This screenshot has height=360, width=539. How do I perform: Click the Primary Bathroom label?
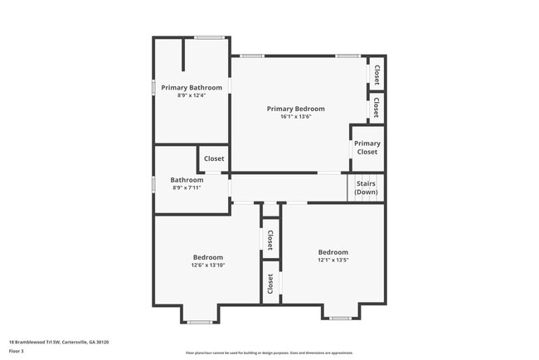click(192, 88)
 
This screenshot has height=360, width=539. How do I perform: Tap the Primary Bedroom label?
click(295, 109)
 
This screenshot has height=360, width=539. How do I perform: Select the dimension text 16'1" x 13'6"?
click(295, 117)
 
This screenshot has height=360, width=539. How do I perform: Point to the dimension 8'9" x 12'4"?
click(192, 96)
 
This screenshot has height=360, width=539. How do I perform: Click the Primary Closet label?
click(367, 148)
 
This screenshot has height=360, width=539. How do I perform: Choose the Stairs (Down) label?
click(367, 188)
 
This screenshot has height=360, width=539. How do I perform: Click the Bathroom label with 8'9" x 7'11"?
click(187, 180)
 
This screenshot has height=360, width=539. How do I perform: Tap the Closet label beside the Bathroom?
click(214, 158)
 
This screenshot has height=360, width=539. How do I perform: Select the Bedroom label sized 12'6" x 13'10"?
click(208, 256)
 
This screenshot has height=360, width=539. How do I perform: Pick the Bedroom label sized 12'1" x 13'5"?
click(333, 252)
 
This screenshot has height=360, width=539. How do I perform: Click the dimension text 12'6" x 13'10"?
click(208, 265)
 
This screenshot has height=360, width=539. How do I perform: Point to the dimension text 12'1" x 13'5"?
click(333, 260)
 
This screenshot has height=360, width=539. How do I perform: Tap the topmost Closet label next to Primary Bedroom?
click(377, 75)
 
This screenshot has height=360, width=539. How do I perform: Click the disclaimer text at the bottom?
click(269, 353)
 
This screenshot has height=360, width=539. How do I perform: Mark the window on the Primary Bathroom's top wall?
click(208, 36)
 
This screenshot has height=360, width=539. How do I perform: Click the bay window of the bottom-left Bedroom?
click(199, 322)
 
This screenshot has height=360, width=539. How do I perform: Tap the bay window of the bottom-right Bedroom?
click(340, 318)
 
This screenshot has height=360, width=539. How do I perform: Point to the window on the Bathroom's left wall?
click(153, 185)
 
